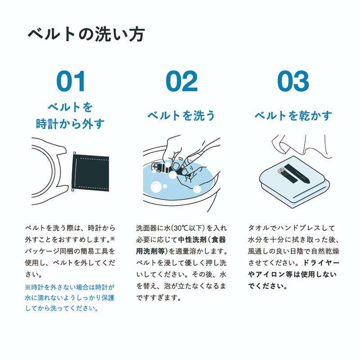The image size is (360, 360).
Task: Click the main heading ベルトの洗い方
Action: (85, 35)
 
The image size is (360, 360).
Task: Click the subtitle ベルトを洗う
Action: (181, 116)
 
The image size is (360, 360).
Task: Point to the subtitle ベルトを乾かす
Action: (293, 116)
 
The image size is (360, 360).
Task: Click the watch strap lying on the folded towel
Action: (295, 175)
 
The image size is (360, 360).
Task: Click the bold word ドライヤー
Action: (324, 262)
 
